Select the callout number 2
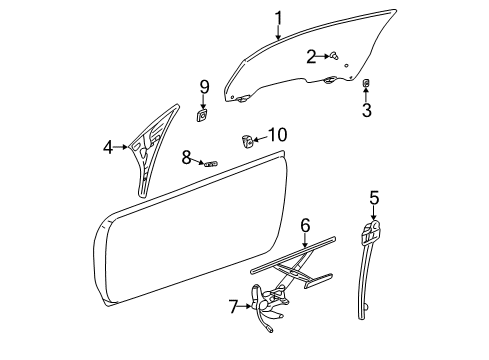(311, 55)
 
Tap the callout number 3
(366, 110)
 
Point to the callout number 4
(108, 148)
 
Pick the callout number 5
(373, 198)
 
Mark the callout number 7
(234, 305)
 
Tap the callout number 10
(277, 134)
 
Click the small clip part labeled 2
(331, 55)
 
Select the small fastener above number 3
(366, 83)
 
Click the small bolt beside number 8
(210, 161)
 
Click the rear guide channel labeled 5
(366, 270)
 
